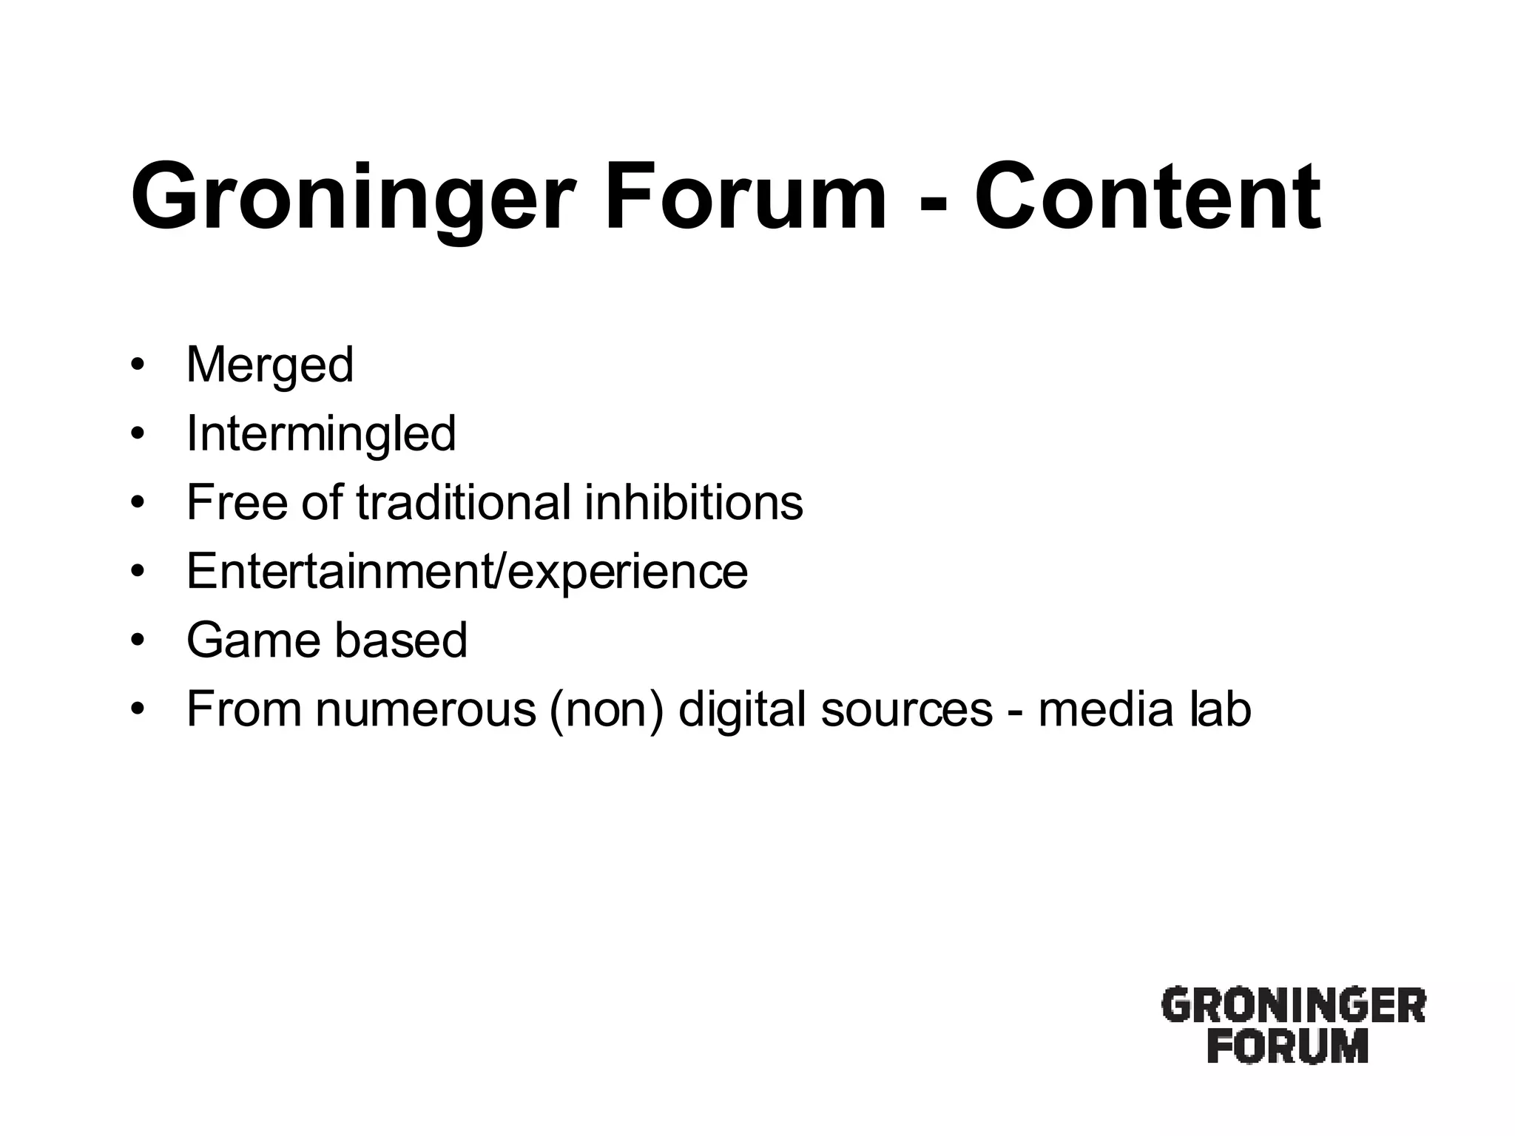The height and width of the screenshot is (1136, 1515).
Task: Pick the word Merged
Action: tap(270, 365)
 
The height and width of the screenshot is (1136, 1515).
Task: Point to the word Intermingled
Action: tap(321, 433)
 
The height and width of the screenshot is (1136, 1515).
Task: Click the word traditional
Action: tap(464, 502)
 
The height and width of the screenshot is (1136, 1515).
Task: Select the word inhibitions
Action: tap(693, 502)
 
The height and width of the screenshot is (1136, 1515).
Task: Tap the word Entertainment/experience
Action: tap(467, 571)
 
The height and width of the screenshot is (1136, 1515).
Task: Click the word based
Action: tap(402, 640)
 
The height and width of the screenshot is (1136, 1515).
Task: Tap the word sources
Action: tap(906, 710)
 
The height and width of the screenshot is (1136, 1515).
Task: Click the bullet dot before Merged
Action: tap(136, 365)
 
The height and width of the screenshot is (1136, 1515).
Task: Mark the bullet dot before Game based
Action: tap(136, 640)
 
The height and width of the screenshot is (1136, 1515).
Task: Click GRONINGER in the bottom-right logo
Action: tap(1293, 1006)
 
